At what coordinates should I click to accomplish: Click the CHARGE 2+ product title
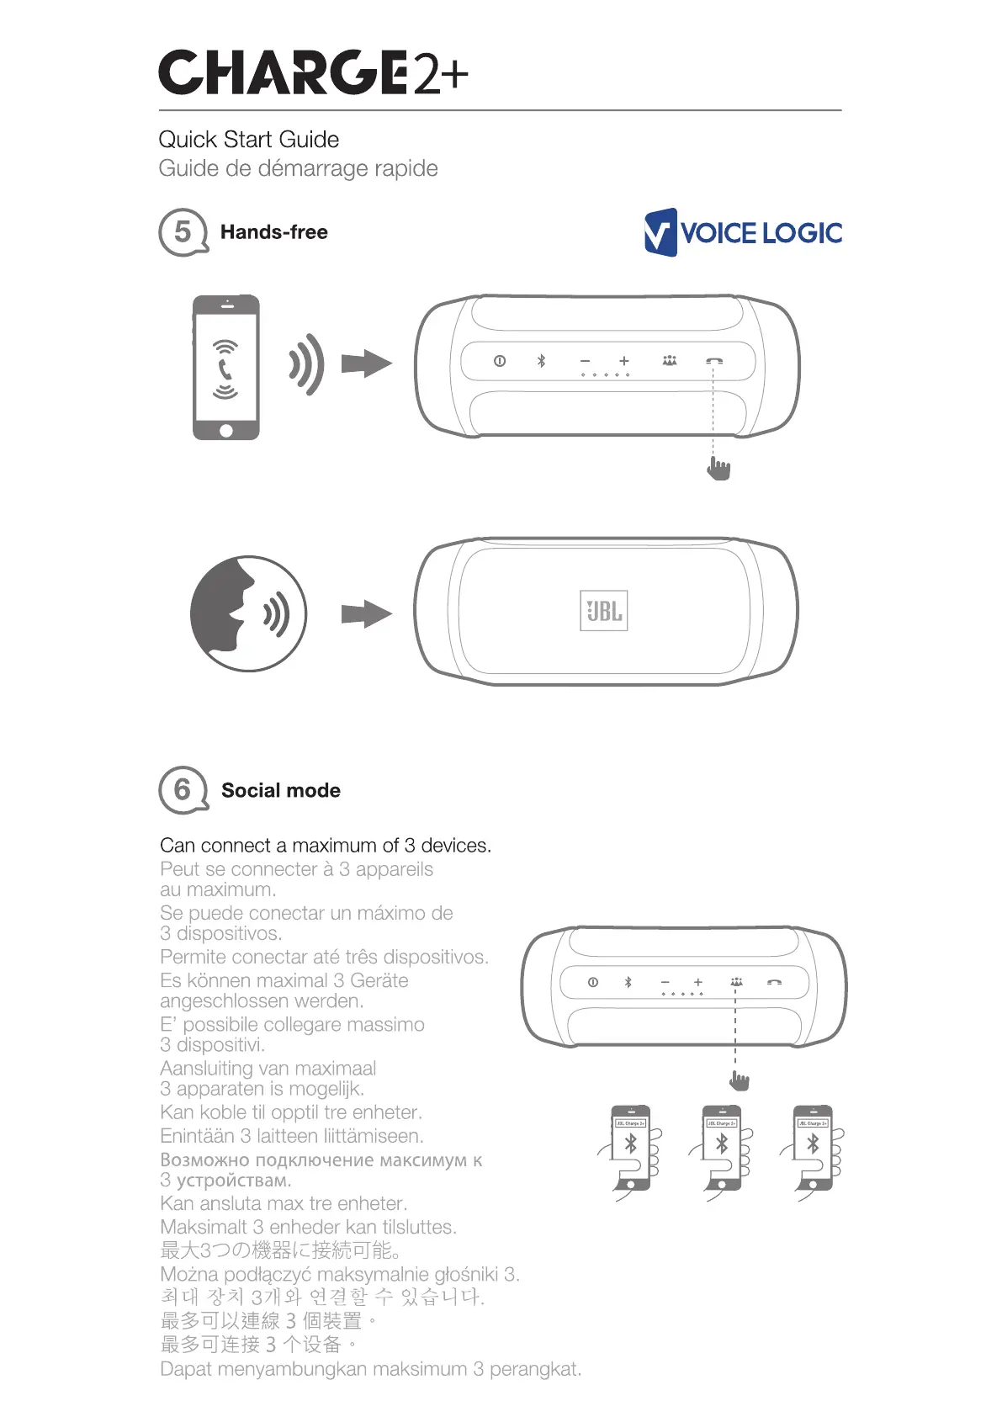[x=313, y=72]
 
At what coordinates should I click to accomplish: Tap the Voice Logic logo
[x=743, y=232]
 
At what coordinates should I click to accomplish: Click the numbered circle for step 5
[x=183, y=232]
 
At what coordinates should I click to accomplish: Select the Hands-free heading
[x=273, y=232]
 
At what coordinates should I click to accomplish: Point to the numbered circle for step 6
[x=183, y=790]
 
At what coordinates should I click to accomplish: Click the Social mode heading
[x=280, y=791]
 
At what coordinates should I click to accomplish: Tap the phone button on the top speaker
[x=713, y=361]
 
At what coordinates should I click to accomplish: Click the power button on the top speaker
[x=500, y=361]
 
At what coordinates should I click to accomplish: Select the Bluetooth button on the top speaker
[x=542, y=361]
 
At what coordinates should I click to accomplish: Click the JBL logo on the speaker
[x=604, y=611]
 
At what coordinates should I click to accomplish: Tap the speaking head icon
[x=248, y=613]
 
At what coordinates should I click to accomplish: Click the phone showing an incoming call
[x=225, y=367]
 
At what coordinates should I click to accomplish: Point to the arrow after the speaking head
[x=366, y=614]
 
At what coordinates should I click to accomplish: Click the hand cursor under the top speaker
[x=718, y=468]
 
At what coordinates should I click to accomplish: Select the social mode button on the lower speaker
[x=736, y=982]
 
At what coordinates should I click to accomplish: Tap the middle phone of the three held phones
[x=722, y=1147]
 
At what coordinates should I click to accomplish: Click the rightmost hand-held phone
[x=814, y=1147]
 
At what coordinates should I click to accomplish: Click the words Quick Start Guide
[x=249, y=140]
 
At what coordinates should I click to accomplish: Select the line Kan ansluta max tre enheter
[x=284, y=1204]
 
